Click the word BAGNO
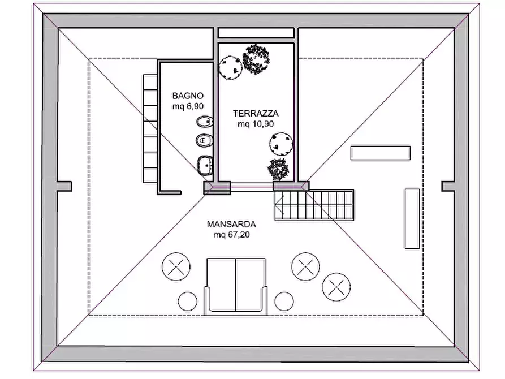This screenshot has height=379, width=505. [188, 96]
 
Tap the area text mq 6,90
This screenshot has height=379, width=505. [188, 106]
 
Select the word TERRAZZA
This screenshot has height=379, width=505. [256, 114]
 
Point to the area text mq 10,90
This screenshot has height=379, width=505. [256, 124]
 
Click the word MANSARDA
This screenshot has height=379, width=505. [231, 224]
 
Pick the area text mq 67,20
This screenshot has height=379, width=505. [231, 235]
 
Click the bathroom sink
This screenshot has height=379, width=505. [205, 165]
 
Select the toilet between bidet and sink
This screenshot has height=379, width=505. [204, 140]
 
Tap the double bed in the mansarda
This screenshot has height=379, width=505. [236, 286]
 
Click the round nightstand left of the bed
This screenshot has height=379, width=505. [187, 302]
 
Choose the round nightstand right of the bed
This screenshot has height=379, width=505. [284, 302]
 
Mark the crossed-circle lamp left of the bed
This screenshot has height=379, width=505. [176, 267]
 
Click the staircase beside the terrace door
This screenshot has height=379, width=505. [314, 205]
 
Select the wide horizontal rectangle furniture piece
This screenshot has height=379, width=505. [381, 153]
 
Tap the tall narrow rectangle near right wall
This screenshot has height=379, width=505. [412, 219]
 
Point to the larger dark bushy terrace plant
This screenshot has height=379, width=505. [256, 59]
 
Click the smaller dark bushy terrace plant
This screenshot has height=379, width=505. [278, 169]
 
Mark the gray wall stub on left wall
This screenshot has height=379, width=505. [64, 186]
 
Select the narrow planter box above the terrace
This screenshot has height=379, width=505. [256, 33]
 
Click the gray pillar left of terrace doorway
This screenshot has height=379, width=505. [217, 188]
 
